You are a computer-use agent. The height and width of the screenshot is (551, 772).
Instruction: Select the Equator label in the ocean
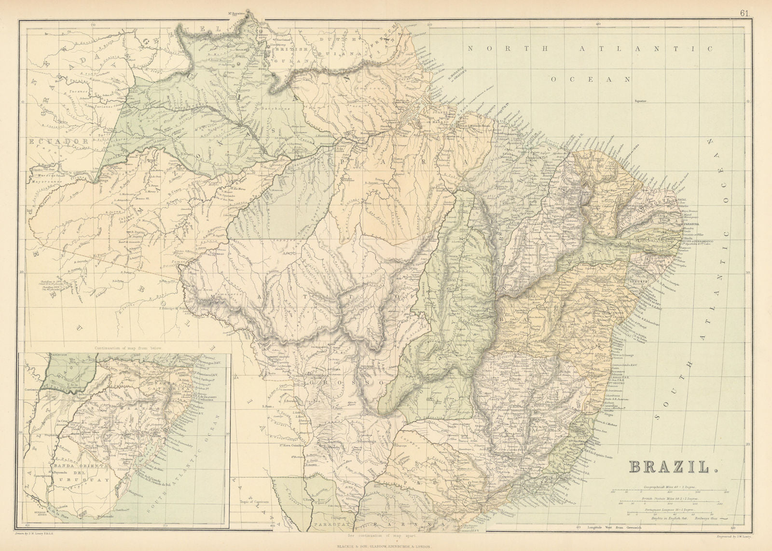640,101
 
